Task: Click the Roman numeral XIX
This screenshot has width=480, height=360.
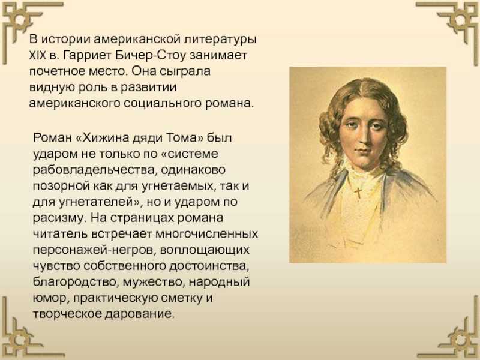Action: click(37, 56)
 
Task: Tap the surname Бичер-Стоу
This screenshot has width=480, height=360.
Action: click(151, 56)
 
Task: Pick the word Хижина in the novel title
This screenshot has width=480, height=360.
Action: click(106, 138)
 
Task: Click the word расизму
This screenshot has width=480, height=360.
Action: click(58, 218)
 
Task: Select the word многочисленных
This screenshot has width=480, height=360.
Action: click(206, 235)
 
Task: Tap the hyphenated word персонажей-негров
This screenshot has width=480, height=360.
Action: click(94, 251)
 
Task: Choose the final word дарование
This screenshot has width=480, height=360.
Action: click(139, 314)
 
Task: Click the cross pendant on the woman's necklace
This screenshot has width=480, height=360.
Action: click(358, 192)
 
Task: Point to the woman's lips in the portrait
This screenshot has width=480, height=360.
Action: click(364, 151)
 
